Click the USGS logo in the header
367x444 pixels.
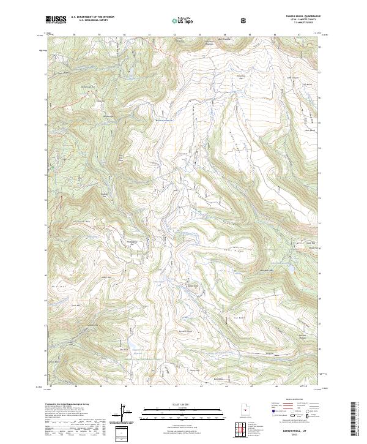click(56, 20)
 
